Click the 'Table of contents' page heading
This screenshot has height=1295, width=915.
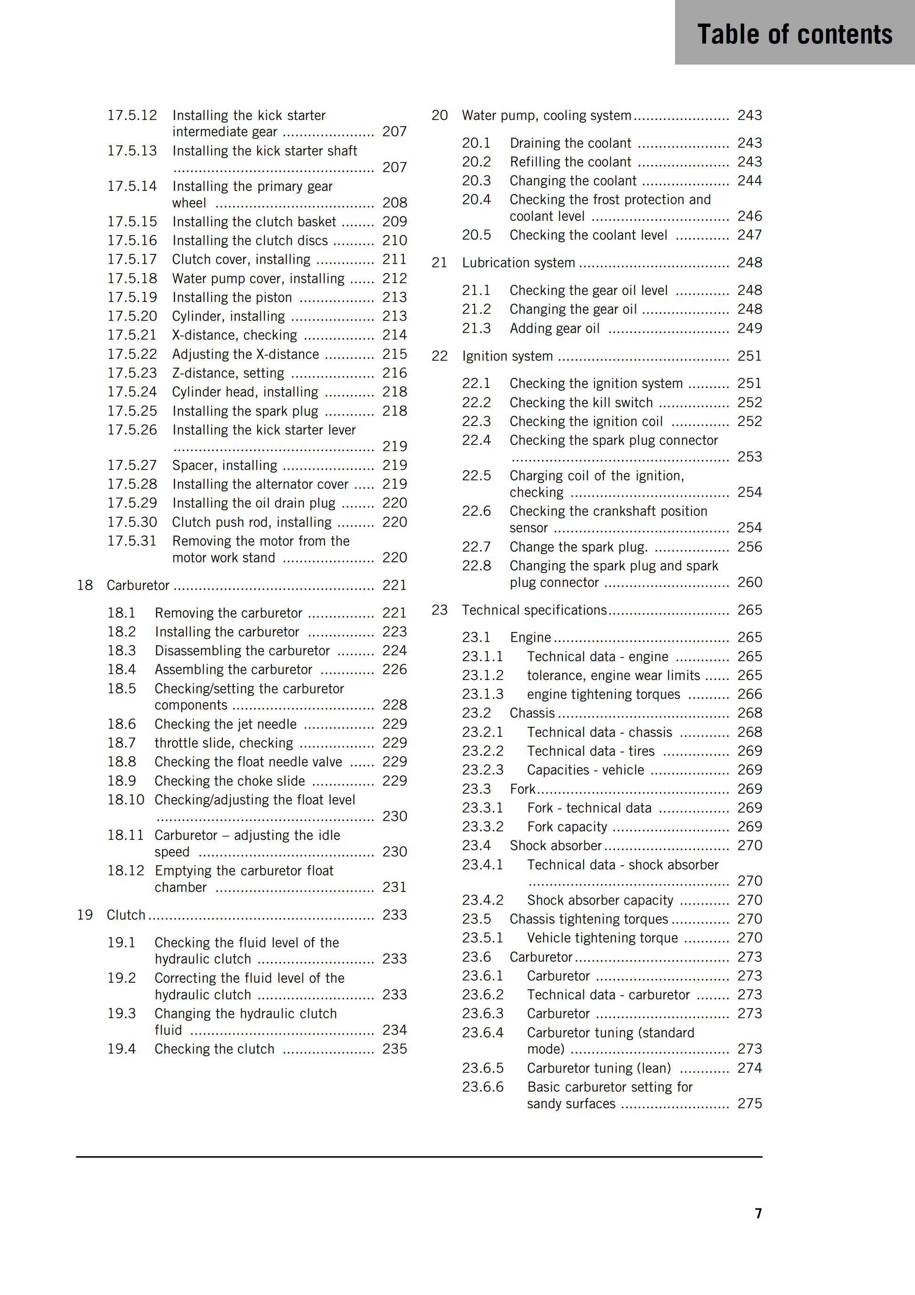(x=794, y=34)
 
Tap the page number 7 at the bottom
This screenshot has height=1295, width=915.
(x=758, y=1213)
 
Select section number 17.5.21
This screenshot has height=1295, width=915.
(x=132, y=335)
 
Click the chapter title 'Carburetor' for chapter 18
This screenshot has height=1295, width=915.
(x=138, y=585)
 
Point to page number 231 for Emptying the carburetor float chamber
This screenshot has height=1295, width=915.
(x=394, y=887)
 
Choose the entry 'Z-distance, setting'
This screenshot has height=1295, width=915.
(x=228, y=373)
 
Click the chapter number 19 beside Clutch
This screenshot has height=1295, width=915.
(x=85, y=915)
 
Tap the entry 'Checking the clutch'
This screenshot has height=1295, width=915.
(x=214, y=1049)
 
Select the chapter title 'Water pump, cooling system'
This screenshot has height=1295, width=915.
(x=546, y=116)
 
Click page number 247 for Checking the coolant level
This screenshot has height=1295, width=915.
(x=749, y=235)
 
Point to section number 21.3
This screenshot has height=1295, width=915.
(x=476, y=328)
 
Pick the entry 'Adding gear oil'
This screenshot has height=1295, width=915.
(x=554, y=328)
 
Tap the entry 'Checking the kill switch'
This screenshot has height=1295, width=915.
(x=581, y=403)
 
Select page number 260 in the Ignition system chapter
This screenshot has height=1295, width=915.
(x=749, y=582)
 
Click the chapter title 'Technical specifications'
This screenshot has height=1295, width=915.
(x=534, y=610)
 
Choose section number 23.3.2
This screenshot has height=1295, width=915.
(x=482, y=827)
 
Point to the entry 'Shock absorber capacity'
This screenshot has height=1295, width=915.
(x=599, y=900)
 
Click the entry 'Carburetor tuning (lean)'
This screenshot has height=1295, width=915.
(x=599, y=1068)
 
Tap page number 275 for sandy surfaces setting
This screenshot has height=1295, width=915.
(x=749, y=1104)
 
